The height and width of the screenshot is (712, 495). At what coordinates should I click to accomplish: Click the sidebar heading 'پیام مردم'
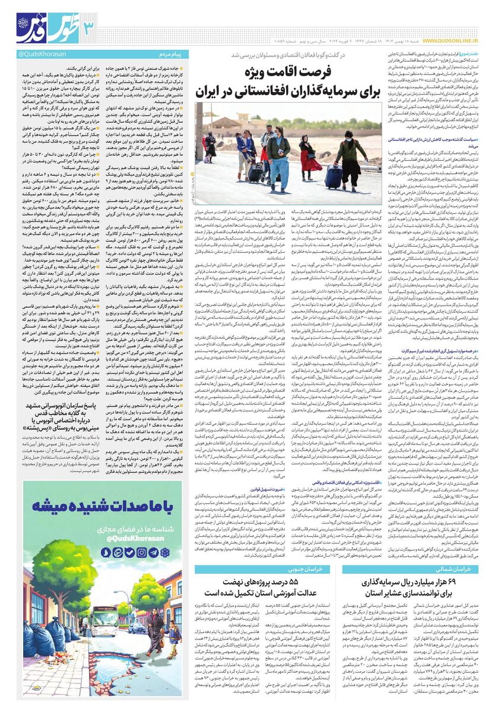click(x=172, y=55)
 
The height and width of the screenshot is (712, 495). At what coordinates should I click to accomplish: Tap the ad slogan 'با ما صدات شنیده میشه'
click(x=103, y=507)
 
